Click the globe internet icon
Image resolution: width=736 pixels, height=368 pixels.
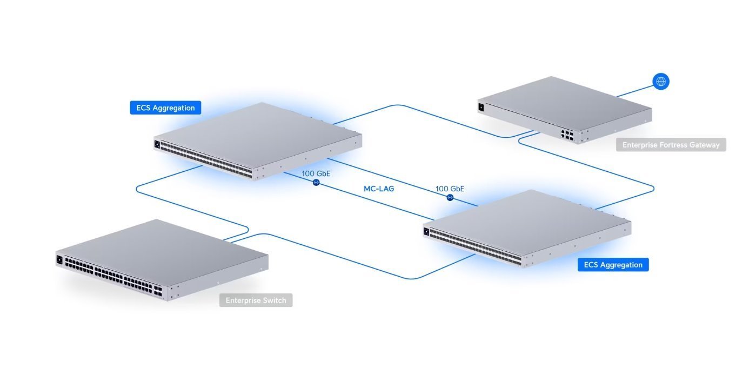(660, 82)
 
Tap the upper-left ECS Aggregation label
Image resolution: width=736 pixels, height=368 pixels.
(165, 108)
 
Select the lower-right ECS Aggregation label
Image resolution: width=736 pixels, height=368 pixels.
(613, 265)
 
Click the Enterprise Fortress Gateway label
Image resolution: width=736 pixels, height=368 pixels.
(671, 145)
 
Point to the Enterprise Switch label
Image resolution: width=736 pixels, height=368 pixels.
(256, 300)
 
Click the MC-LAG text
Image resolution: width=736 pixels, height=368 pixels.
(379, 189)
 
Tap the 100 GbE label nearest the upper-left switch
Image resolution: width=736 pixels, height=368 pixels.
(316, 173)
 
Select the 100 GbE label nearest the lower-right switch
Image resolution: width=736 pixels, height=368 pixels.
(450, 189)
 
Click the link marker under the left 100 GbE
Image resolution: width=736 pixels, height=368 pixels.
(316, 183)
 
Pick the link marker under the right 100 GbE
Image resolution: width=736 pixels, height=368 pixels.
(450, 197)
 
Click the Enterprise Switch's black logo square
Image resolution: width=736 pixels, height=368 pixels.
(59, 259)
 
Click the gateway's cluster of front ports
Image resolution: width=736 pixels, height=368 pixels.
(567, 135)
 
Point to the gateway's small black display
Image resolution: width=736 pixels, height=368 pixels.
(481, 106)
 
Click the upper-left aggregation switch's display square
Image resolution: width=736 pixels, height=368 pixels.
(157, 144)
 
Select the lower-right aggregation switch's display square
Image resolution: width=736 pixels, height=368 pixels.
(426, 231)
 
